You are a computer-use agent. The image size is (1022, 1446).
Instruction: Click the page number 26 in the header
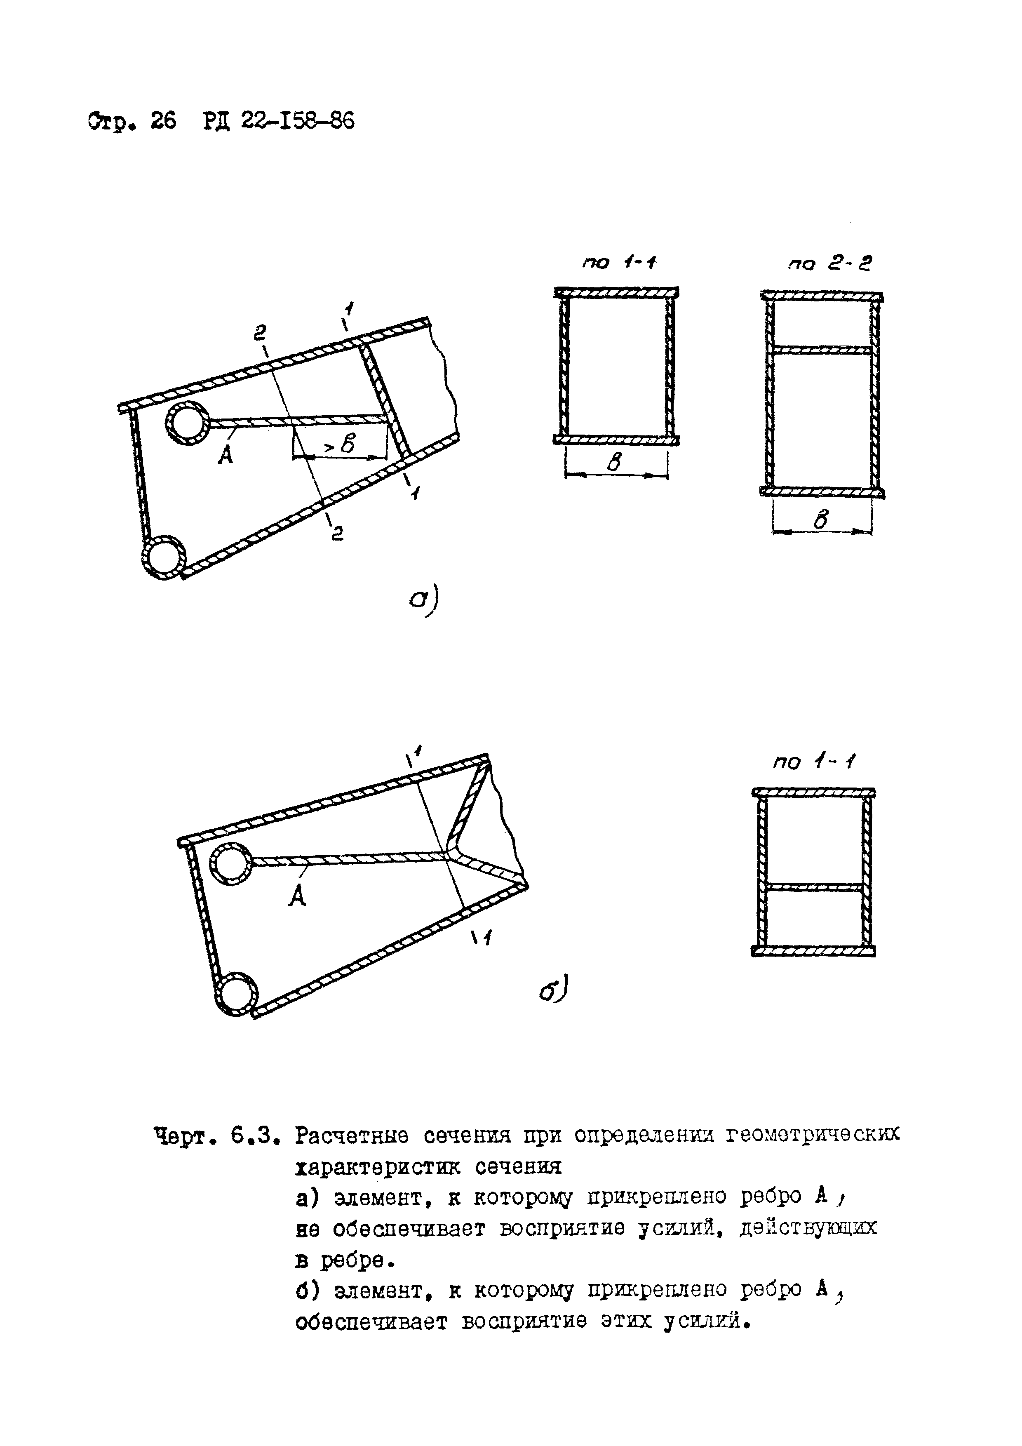(x=163, y=120)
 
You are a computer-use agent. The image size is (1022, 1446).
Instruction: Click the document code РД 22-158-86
(x=279, y=120)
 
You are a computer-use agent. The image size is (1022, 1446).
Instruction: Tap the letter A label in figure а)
(x=225, y=454)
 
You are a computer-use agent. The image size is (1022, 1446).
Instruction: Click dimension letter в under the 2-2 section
(x=820, y=520)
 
